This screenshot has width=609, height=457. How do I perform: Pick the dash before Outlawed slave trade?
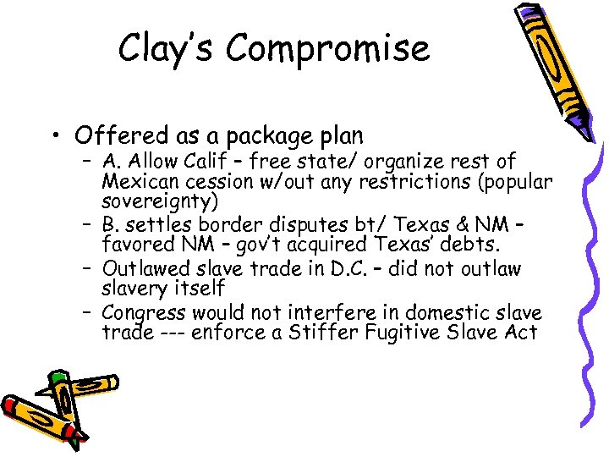(x=88, y=269)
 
